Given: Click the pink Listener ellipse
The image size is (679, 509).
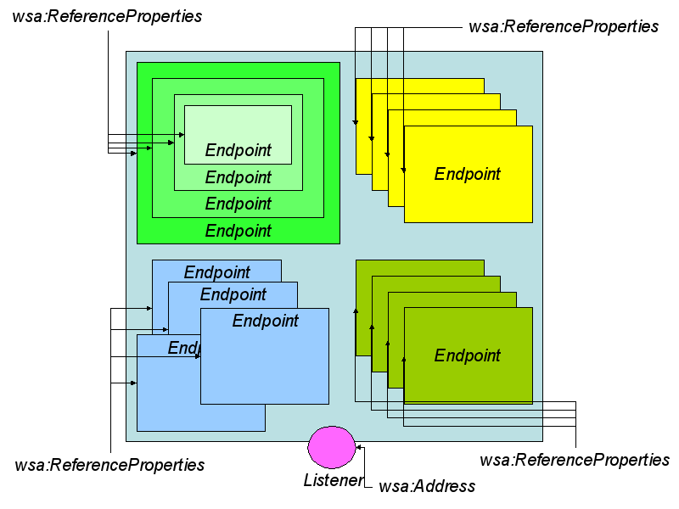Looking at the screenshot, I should (332, 447).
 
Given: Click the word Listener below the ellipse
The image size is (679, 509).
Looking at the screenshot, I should (333, 481).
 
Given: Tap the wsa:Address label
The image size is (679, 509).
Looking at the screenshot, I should (427, 486).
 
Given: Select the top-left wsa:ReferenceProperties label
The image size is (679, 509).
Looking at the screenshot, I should (107, 16).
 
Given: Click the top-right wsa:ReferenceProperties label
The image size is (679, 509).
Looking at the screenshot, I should (564, 26).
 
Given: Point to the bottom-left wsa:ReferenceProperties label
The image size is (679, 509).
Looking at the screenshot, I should (109, 465).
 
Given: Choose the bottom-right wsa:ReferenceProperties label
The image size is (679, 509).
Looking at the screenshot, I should (575, 460).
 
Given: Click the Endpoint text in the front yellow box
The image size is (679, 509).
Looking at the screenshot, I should (468, 174).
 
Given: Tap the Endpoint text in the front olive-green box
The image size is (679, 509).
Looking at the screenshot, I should (468, 355).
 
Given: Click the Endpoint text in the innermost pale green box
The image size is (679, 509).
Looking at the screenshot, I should (238, 150).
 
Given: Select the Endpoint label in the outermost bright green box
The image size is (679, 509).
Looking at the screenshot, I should (238, 231).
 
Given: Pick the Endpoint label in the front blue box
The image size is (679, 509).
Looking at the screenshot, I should (266, 321).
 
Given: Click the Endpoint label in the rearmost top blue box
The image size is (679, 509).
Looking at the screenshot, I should (217, 272).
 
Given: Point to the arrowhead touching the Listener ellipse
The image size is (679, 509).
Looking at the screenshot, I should (359, 446).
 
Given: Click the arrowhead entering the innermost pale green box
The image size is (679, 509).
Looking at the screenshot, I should (182, 135).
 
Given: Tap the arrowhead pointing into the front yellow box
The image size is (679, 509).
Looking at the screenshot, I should (404, 170).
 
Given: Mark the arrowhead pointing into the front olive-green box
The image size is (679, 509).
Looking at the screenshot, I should (404, 359).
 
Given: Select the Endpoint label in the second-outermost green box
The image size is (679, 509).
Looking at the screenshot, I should (238, 204).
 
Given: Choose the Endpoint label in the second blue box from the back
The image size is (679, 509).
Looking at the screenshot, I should (233, 294).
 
